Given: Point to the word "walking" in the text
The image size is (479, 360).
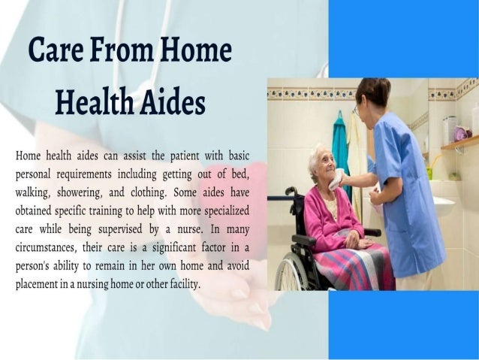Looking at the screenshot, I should click(34, 190).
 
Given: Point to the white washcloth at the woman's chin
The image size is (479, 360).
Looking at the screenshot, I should click(339, 180).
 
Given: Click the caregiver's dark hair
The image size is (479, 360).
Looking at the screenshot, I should click(373, 91).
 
